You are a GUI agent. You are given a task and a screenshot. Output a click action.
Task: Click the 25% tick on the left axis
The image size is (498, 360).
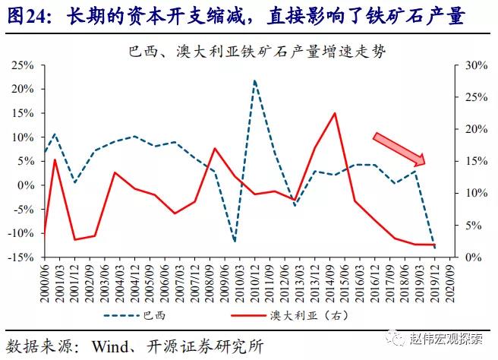pos(21,65)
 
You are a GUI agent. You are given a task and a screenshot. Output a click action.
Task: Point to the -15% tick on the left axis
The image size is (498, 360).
pos(20,257)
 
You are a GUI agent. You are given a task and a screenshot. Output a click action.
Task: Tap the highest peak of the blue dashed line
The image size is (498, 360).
pos(254,81)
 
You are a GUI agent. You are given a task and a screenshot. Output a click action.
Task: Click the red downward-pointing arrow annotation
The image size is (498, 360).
pos(399,149)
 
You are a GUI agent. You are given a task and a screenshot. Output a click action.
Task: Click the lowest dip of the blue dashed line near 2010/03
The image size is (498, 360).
pos(235,241)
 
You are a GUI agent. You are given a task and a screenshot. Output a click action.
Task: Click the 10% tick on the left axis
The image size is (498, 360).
pos(21,137)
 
